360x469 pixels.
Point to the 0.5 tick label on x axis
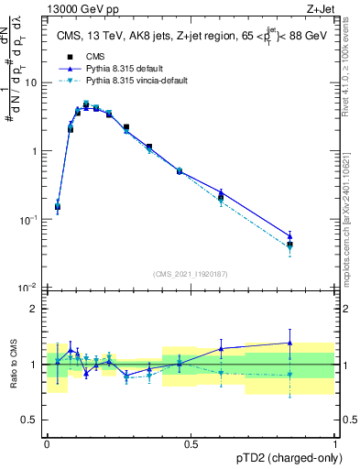point(191,444)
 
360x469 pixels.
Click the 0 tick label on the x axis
point(47,444)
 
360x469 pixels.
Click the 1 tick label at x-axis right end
point(334,444)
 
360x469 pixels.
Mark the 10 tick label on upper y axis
point(30,82)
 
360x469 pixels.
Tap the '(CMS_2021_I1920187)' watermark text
point(190,274)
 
